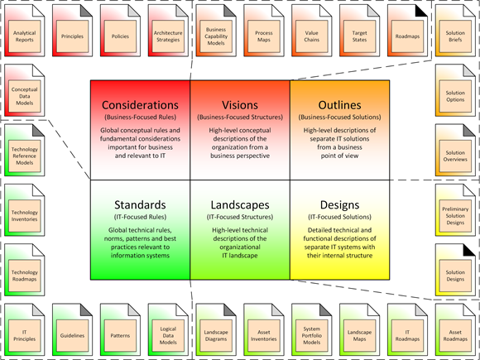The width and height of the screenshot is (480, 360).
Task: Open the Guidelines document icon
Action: [73, 330]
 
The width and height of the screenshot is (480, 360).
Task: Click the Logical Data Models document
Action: [168, 330]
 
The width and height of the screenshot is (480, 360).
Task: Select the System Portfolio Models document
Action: [312, 330]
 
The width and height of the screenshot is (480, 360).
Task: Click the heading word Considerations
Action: [140, 106]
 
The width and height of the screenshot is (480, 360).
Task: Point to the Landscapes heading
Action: [240, 204]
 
